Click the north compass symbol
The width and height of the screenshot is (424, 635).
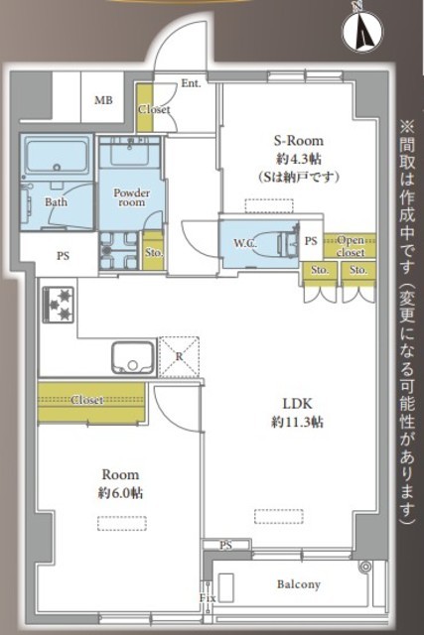362,30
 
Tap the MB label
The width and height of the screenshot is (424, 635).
103,99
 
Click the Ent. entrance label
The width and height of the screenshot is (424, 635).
191,83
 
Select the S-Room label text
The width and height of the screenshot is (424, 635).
299,141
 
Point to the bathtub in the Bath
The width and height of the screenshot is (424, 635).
57,156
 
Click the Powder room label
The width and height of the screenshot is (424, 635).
132,197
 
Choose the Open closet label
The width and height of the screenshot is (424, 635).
351,246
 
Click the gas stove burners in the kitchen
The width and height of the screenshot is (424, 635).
59,305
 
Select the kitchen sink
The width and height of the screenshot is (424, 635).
133,357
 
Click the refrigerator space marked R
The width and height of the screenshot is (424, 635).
179,357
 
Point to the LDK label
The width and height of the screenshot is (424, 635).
298,404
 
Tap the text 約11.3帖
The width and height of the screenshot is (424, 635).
297,423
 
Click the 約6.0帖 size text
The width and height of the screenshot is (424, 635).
120,493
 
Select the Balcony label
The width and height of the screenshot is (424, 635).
299,584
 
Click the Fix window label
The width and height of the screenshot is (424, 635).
208,598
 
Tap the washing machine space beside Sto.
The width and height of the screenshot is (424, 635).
119,251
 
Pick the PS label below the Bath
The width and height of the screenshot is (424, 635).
63,256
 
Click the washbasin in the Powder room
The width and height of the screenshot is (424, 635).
130,152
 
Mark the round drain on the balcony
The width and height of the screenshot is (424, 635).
366,567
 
